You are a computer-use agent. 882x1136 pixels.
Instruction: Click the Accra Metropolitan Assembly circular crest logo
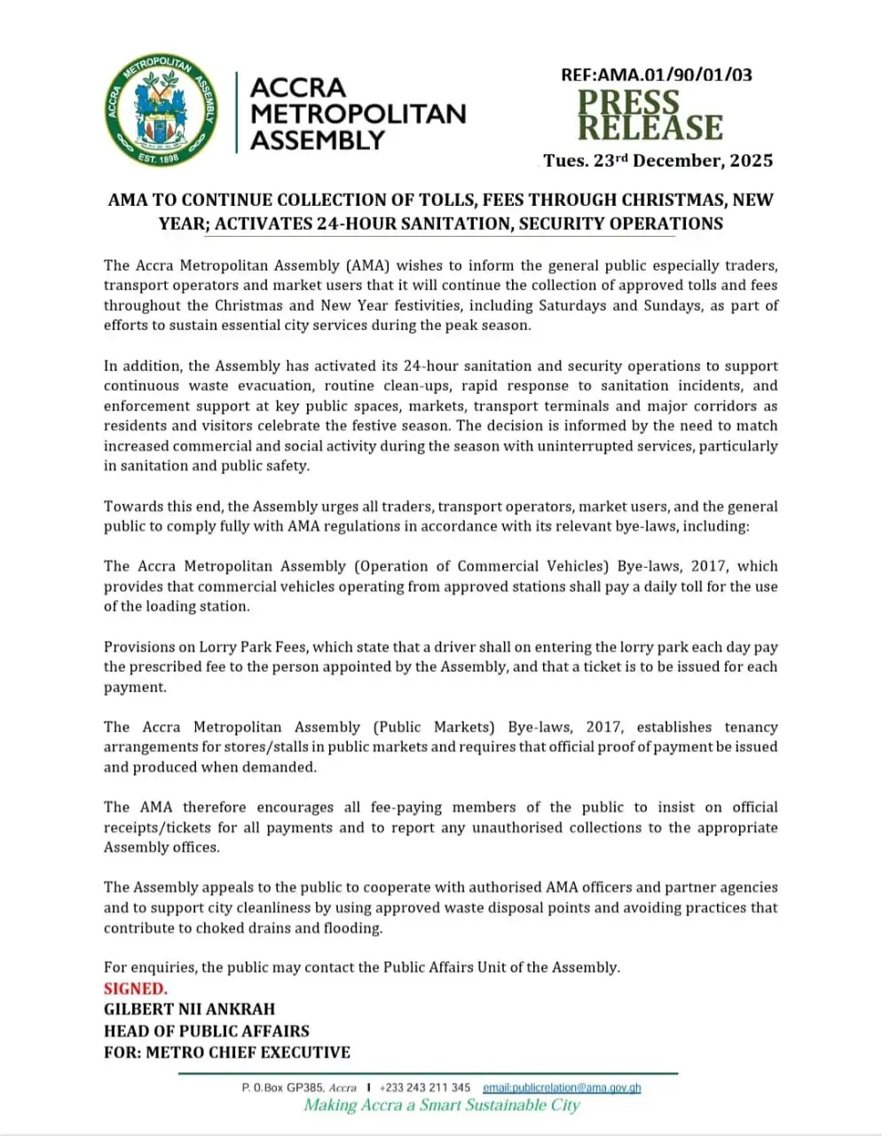[161, 110]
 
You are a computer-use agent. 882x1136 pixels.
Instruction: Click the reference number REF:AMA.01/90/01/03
[656, 75]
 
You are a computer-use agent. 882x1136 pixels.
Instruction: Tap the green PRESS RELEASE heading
[650, 115]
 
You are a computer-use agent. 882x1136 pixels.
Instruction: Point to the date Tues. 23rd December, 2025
[658, 161]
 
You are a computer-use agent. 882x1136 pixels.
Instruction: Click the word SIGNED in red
[135, 989]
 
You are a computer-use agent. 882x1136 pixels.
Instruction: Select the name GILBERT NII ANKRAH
[189, 1009]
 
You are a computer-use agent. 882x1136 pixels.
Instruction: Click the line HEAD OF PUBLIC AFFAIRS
[206, 1031]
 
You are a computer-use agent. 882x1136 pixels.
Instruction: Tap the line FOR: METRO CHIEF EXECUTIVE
[226, 1053]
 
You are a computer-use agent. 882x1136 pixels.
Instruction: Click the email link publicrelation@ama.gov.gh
[562, 1087]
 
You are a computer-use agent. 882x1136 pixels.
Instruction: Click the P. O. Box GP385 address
[298, 1087]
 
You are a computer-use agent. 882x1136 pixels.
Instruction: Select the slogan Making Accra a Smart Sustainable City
[441, 1106]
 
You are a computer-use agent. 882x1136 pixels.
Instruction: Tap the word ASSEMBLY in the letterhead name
[317, 140]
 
